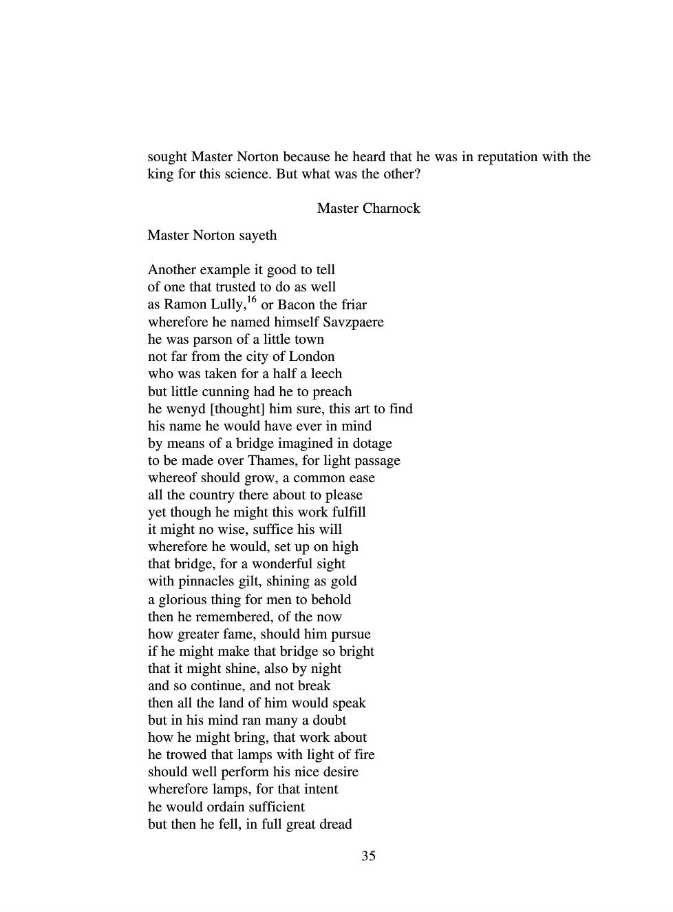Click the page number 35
click(x=368, y=856)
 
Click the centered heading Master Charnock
click(x=368, y=208)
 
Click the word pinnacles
click(x=197, y=581)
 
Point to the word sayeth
click(x=257, y=235)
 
